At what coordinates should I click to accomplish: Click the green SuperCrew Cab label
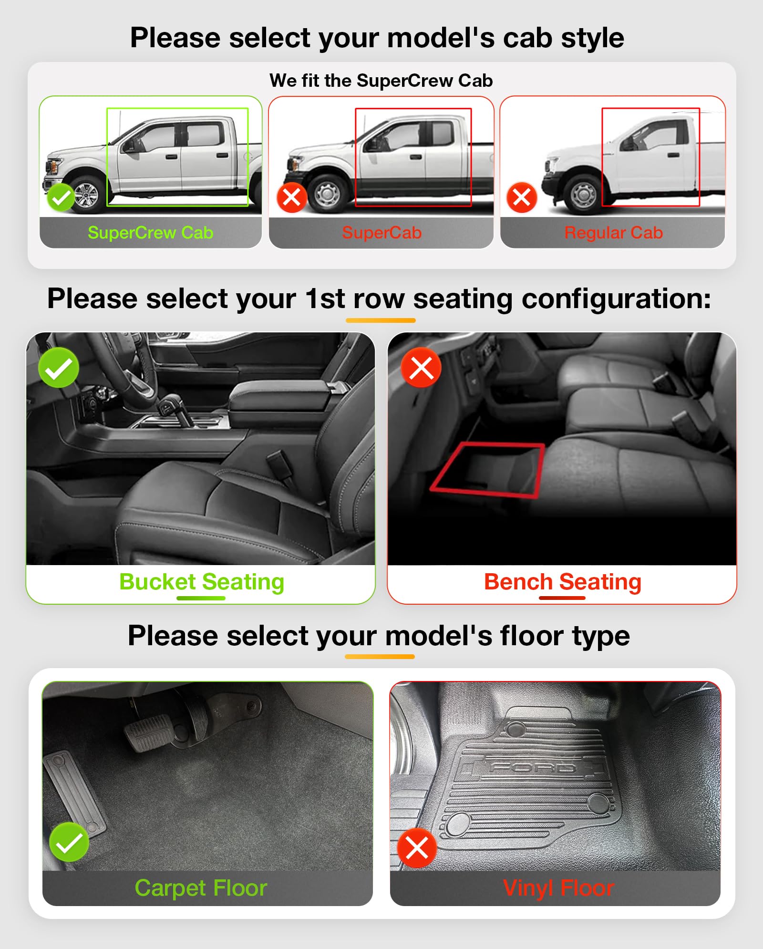[x=150, y=233]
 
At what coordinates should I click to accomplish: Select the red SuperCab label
[x=381, y=233]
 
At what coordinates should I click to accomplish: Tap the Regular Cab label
[x=613, y=233]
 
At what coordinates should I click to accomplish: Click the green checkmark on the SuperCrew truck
[x=61, y=197]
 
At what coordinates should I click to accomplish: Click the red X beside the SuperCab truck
[x=291, y=197]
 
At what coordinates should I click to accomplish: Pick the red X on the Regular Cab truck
[x=522, y=197]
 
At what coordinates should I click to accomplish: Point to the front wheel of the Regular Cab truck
[x=583, y=195]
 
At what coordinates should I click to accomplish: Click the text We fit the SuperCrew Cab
[x=381, y=81]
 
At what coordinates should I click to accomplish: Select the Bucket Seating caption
[x=202, y=582]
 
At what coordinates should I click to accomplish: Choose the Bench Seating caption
[x=562, y=582]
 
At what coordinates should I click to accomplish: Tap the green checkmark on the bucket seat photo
[x=59, y=368]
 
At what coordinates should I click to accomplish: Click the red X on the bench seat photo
[x=421, y=368]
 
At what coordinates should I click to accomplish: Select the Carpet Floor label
[x=201, y=888]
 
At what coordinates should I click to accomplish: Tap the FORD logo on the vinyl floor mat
[x=533, y=767]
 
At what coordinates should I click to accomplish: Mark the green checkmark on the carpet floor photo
[x=69, y=842]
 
